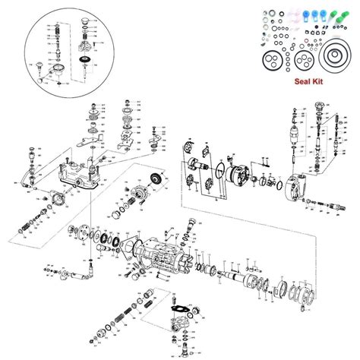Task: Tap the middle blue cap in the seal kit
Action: pyautogui.click(x=300, y=16)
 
